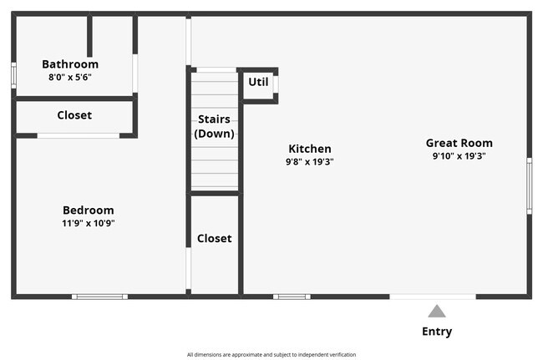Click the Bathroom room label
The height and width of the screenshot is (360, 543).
point(70,64)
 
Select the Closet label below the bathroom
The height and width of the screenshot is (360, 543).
point(74,115)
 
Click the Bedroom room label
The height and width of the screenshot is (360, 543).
point(89,210)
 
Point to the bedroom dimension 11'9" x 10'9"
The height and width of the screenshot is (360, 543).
point(89,223)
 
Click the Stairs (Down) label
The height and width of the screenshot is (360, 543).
point(214,126)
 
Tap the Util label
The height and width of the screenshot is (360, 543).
point(258,82)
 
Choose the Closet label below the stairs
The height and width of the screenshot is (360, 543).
point(214,238)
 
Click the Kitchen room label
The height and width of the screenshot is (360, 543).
point(310,149)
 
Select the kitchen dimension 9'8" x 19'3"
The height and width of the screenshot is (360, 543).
point(310,162)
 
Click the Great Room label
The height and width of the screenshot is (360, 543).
point(459,143)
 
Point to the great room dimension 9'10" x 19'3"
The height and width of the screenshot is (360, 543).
point(459,156)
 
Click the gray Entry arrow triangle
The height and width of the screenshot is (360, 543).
point(437,312)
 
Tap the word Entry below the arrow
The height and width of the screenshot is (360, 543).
point(437,332)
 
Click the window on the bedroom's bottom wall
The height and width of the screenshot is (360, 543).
point(99,296)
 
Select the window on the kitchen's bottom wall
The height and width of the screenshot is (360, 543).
point(292,296)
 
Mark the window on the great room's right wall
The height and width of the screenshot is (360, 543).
point(528,185)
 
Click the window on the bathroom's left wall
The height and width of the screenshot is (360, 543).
point(13,74)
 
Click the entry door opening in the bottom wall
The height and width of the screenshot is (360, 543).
point(433,296)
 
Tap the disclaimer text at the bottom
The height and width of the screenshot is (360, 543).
point(271,354)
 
